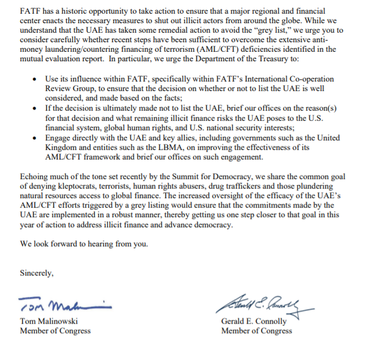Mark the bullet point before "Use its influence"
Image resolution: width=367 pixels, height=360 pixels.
coord(37,80)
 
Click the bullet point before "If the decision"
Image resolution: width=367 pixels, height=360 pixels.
coord(37,108)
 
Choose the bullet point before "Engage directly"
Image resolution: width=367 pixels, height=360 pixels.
coord(37,136)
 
